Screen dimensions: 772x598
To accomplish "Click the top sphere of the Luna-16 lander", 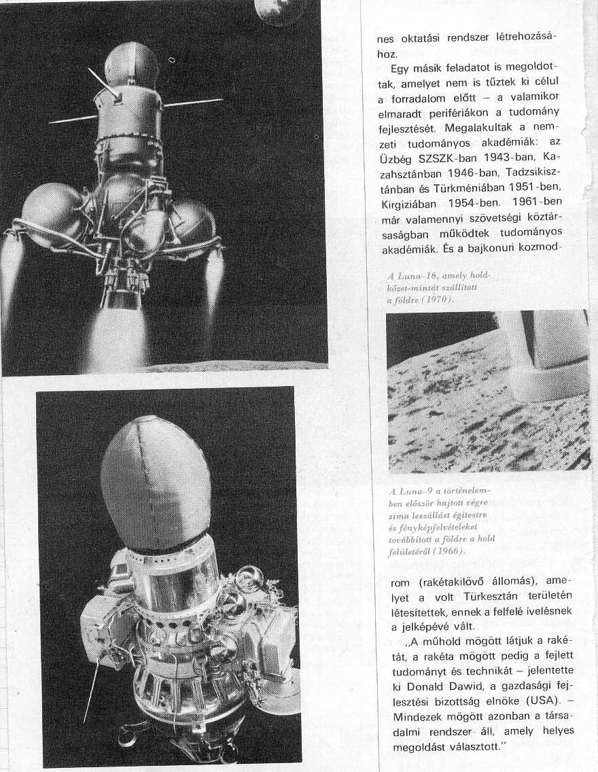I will (131, 64).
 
